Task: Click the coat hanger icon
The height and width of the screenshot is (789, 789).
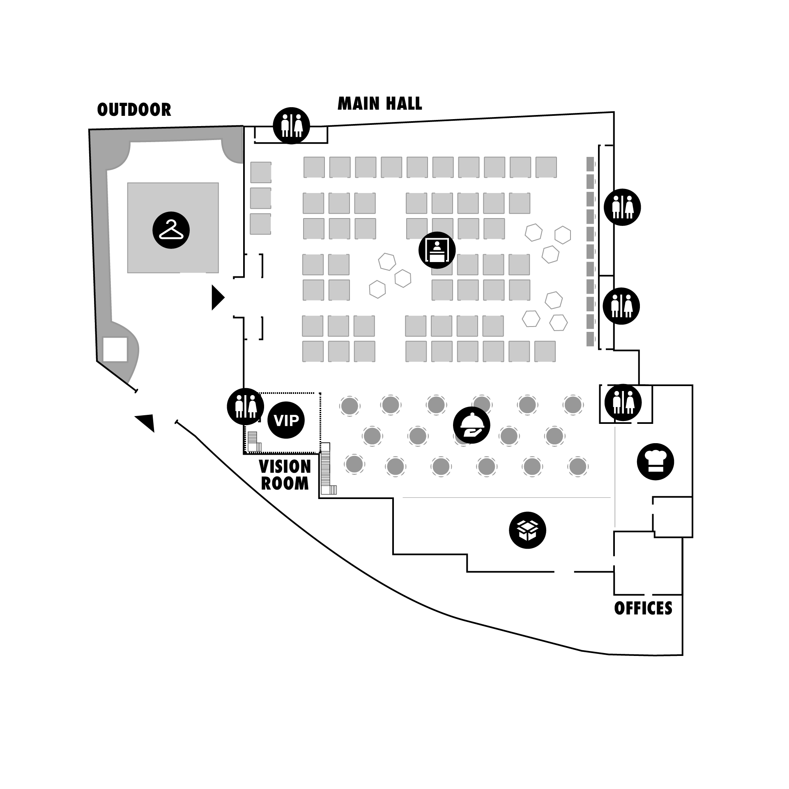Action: point(171,230)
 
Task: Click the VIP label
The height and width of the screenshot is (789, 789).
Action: point(286,420)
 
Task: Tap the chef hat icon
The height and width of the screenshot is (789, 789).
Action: point(656,461)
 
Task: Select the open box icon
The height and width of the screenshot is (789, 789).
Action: point(527,530)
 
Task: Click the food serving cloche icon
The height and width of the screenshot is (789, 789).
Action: point(472,425)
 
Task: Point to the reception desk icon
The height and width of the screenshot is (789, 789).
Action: point(437,250)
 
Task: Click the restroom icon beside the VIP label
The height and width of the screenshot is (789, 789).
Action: point(246,406)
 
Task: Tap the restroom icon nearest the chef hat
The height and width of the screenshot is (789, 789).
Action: point(623,402)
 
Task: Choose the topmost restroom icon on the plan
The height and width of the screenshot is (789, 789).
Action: point(292,125)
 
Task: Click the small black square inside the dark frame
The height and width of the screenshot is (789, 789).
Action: point(115,349)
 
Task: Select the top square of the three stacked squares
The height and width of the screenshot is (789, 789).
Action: point(261,172)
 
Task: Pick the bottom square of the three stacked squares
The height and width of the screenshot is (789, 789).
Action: point(260,224)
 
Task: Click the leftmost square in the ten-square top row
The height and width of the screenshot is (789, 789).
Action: point(314,167)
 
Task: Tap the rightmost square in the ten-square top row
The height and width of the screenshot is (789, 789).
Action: point(546,167)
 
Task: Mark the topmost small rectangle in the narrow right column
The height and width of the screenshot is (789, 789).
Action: point(590,164)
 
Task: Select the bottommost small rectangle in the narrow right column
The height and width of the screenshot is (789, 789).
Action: point(590,339)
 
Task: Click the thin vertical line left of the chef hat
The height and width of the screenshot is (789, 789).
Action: point(615,476)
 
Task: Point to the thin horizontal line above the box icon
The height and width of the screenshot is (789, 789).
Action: point(506,497)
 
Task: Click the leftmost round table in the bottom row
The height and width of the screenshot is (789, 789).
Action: point(354,464)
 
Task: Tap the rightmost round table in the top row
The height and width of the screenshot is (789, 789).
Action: point(573,405)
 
